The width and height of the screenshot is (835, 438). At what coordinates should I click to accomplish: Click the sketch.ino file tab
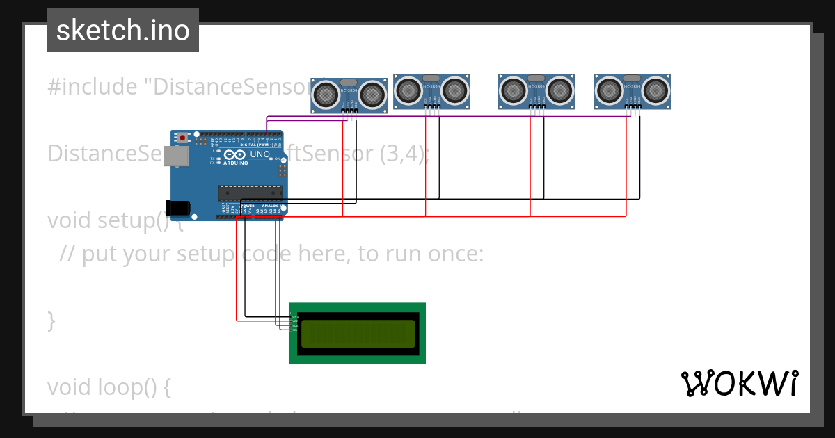[x=123, y=31]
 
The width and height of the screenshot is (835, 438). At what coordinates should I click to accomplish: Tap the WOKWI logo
[x=739, y=383]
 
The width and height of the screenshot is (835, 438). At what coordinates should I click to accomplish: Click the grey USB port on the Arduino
[x=176, y=156]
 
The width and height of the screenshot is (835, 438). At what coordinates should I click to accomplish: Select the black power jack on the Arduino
[x=177, y=207]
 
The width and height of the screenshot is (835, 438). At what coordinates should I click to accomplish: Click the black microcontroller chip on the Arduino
[x=250, y=192]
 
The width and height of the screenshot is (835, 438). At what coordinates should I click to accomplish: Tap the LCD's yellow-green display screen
[x=357, y=334]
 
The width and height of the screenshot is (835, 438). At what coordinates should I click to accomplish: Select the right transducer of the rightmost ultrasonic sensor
[x=655, y=90]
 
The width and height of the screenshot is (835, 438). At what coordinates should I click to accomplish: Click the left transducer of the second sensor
[x=408, y=90]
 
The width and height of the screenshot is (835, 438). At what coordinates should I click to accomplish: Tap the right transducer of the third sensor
[x=559, y=90]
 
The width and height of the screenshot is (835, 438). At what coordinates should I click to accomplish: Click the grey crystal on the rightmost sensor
[x=632, y=78]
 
